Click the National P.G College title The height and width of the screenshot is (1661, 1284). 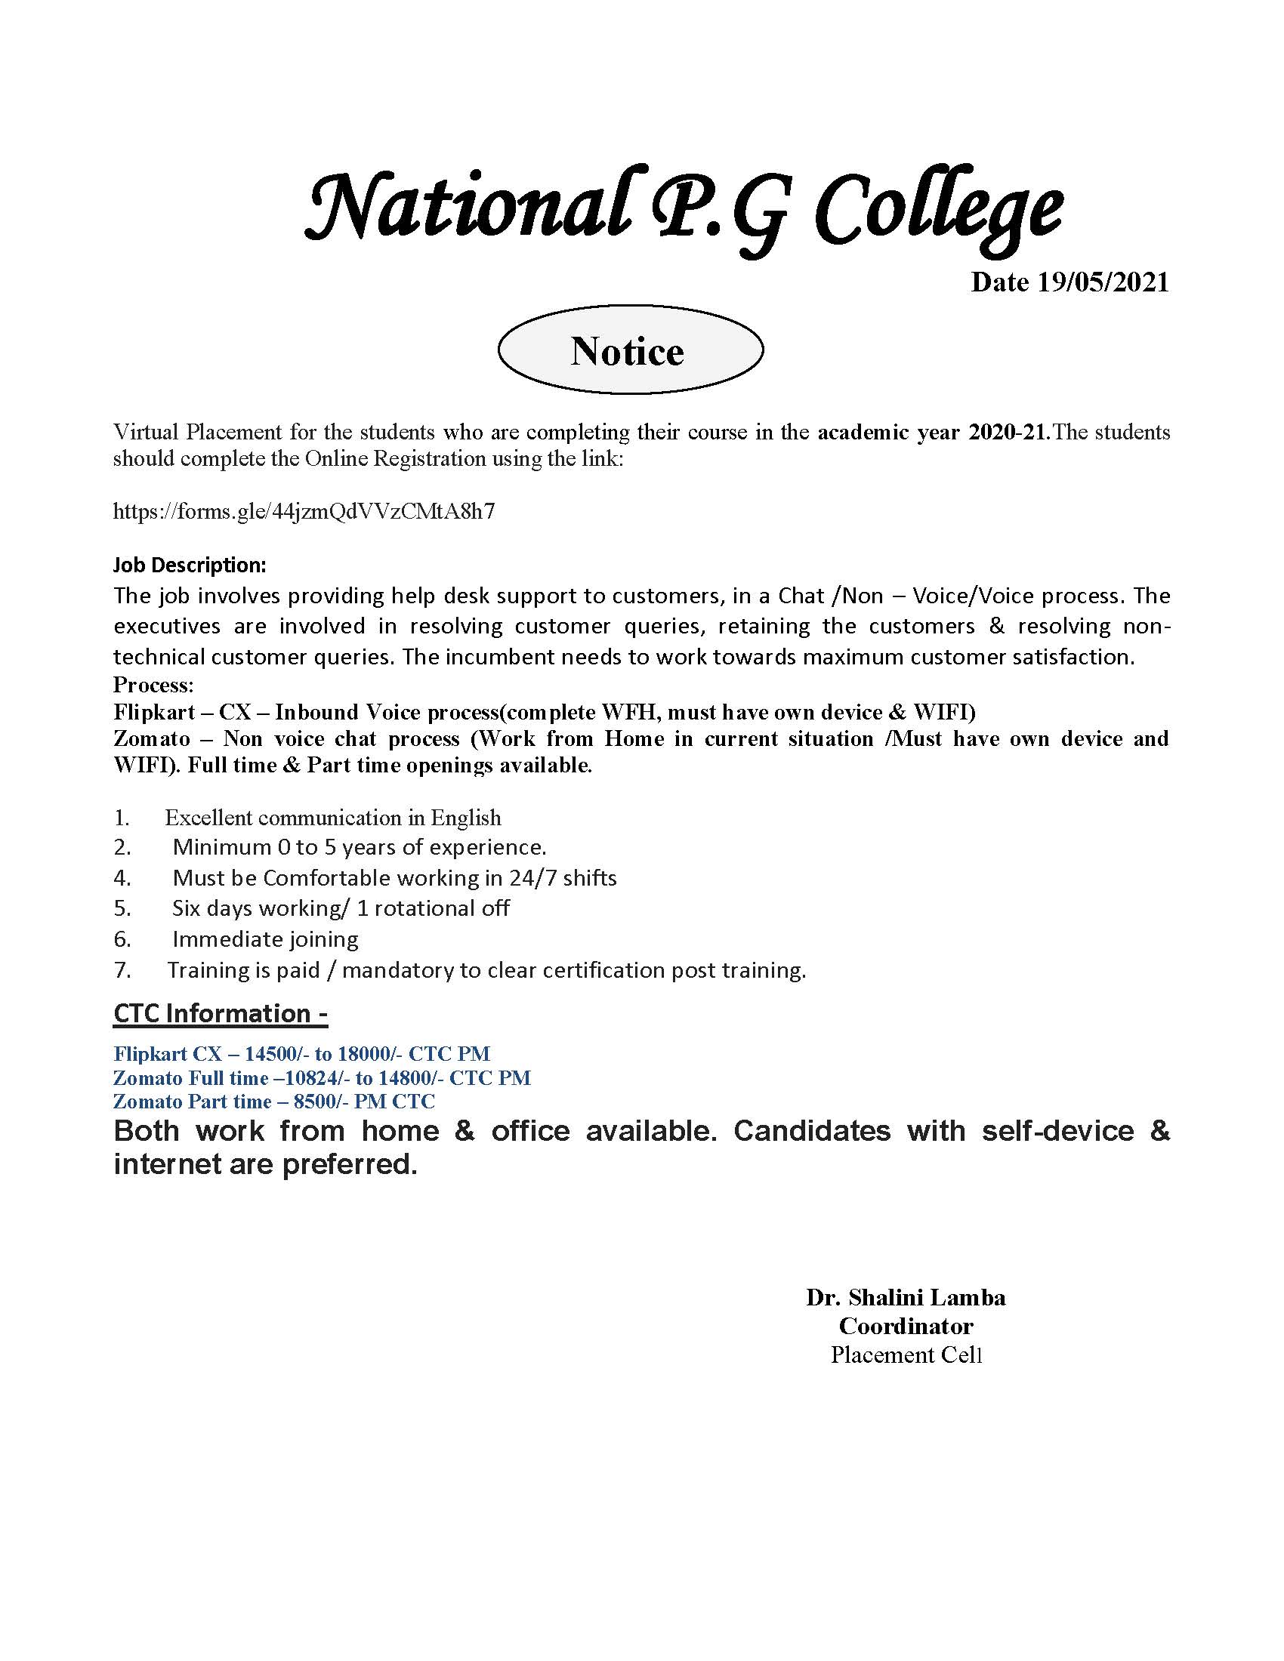click(x=682, y=207)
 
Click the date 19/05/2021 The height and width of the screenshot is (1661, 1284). click(x=1069, y=282)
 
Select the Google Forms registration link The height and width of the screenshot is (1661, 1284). click(x=304, y=510)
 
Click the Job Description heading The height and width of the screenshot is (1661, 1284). click(x=190, y=565)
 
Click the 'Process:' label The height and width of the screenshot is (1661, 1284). click(x=153, y=685)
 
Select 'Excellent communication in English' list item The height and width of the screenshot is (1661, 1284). click(x=332, y=818)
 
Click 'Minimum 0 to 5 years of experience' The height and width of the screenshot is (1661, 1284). click(x=359, y=846)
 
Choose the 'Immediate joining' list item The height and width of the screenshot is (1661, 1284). click(x=264, y=939)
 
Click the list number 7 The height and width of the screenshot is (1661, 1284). click(x=122, y=970)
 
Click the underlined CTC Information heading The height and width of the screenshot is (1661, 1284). click(x=220, y=1013)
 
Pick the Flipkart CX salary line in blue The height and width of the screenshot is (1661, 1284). click(x=301, y=1053)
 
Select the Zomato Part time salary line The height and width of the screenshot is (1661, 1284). click(x=274, y=1102)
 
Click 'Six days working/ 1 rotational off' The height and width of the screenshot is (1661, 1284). click(x=340, y=908)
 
